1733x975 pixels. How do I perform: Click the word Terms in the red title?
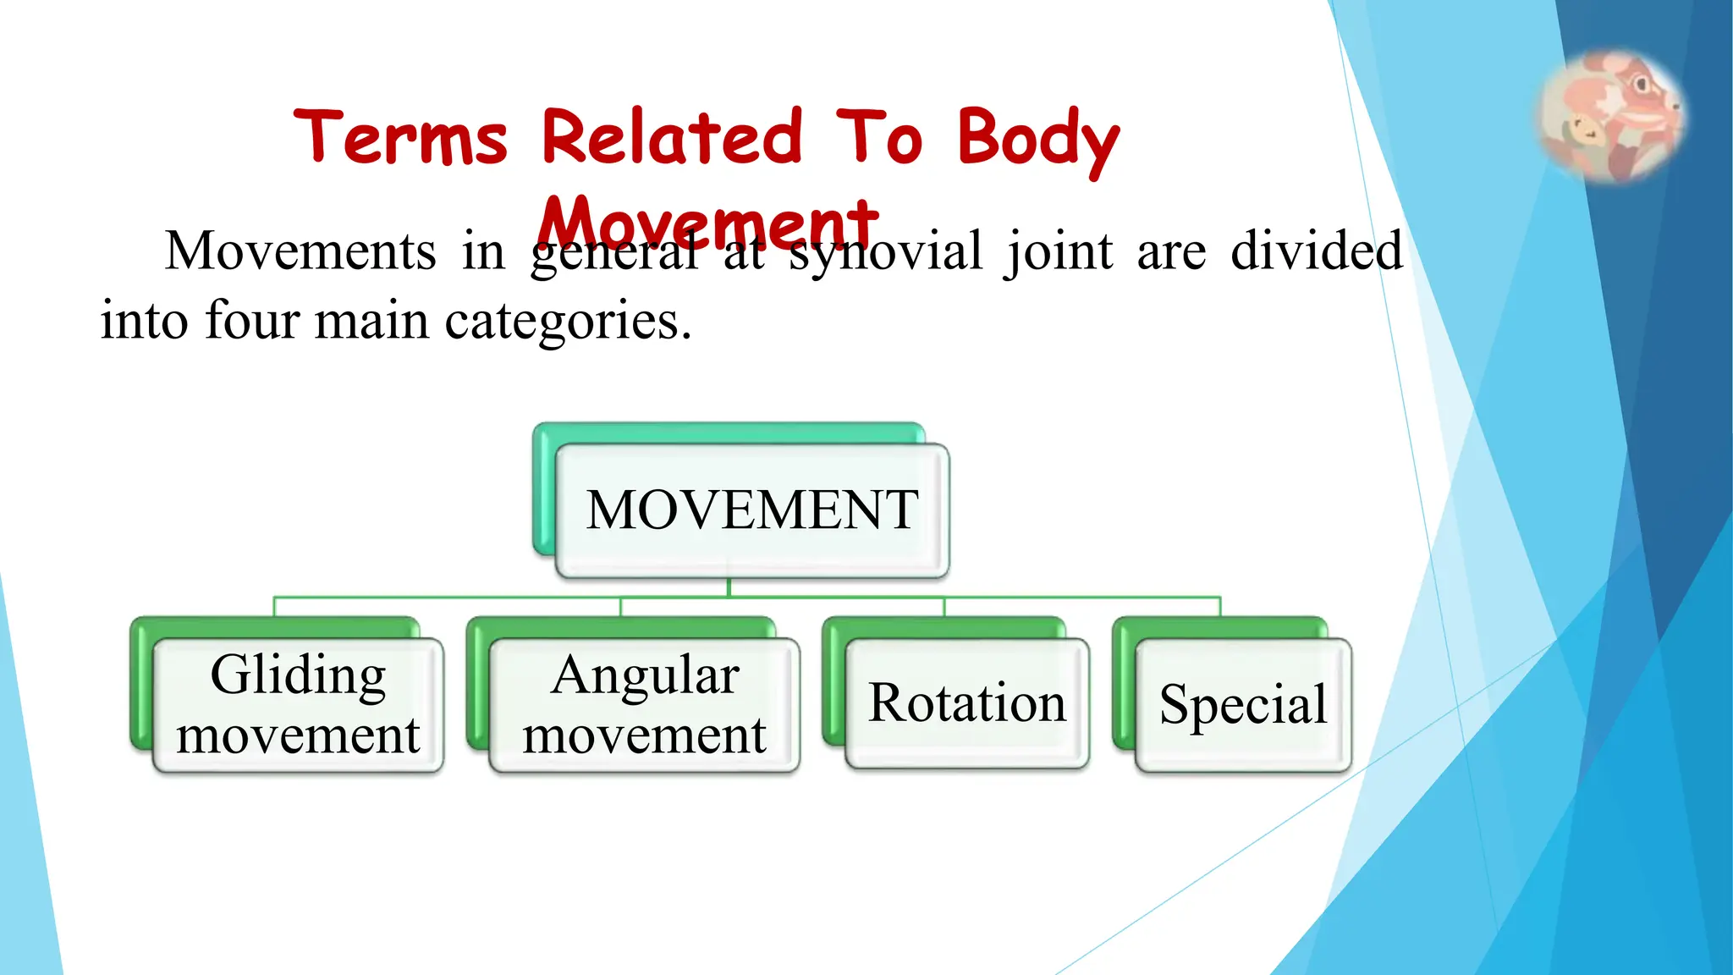(x=400, y=137)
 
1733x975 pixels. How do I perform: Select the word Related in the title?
(x=672, y=137)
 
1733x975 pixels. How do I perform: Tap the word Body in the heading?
(x=1038, y=140)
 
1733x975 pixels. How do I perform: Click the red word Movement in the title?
(x=709, y=222)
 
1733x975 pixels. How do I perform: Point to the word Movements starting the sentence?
(x=300, y=251)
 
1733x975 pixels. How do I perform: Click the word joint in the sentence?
(x=1059, y=251)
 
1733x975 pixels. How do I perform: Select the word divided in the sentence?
(x=1317, y=251)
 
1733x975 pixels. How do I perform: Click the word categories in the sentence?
(x=568, y=321)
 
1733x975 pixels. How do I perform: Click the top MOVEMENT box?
(x=751, y=510)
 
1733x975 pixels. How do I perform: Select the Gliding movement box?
(x=298, y=704)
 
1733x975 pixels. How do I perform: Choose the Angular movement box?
(x=644, y=704)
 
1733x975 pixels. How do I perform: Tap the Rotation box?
(x=966, y=702)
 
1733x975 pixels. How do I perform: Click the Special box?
(x=1242, y=704)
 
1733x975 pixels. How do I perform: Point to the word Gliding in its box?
(x=298, y=675)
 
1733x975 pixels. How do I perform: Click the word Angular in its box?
(x=645, y=675)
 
